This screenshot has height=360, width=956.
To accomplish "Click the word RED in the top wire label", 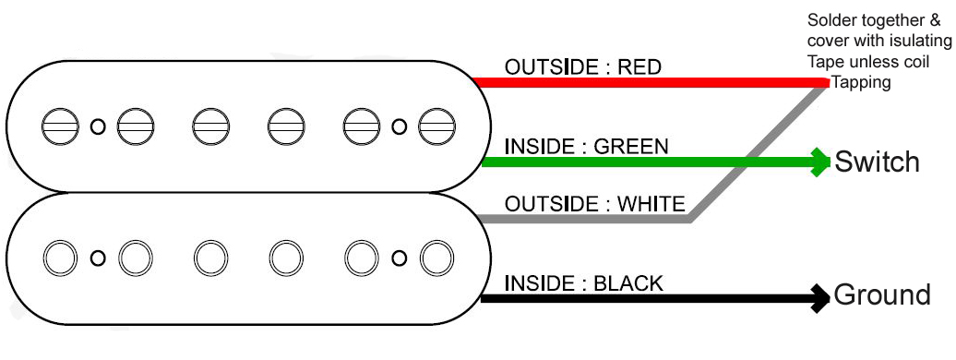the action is pos(639,67).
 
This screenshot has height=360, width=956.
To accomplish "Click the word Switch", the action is pos(877,162).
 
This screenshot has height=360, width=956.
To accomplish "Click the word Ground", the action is pos(881,295).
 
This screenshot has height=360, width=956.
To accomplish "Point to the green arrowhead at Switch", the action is pos(820,162).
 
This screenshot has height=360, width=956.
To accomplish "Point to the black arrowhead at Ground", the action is pos(819,297).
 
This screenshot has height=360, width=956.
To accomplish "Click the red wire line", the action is pos(646,83).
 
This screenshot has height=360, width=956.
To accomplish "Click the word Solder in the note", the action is pos(831,20).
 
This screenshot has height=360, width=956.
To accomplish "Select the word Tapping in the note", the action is pos(863,81).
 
